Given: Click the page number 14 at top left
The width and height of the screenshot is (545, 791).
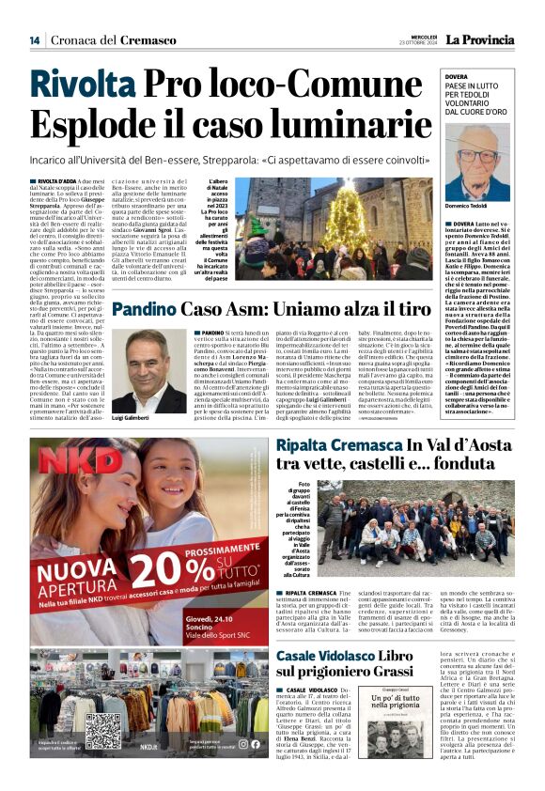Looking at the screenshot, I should [34, 39].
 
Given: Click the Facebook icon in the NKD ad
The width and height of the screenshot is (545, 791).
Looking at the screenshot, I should [243, 744].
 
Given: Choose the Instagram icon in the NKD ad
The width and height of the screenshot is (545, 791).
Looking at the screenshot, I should [255, 744].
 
